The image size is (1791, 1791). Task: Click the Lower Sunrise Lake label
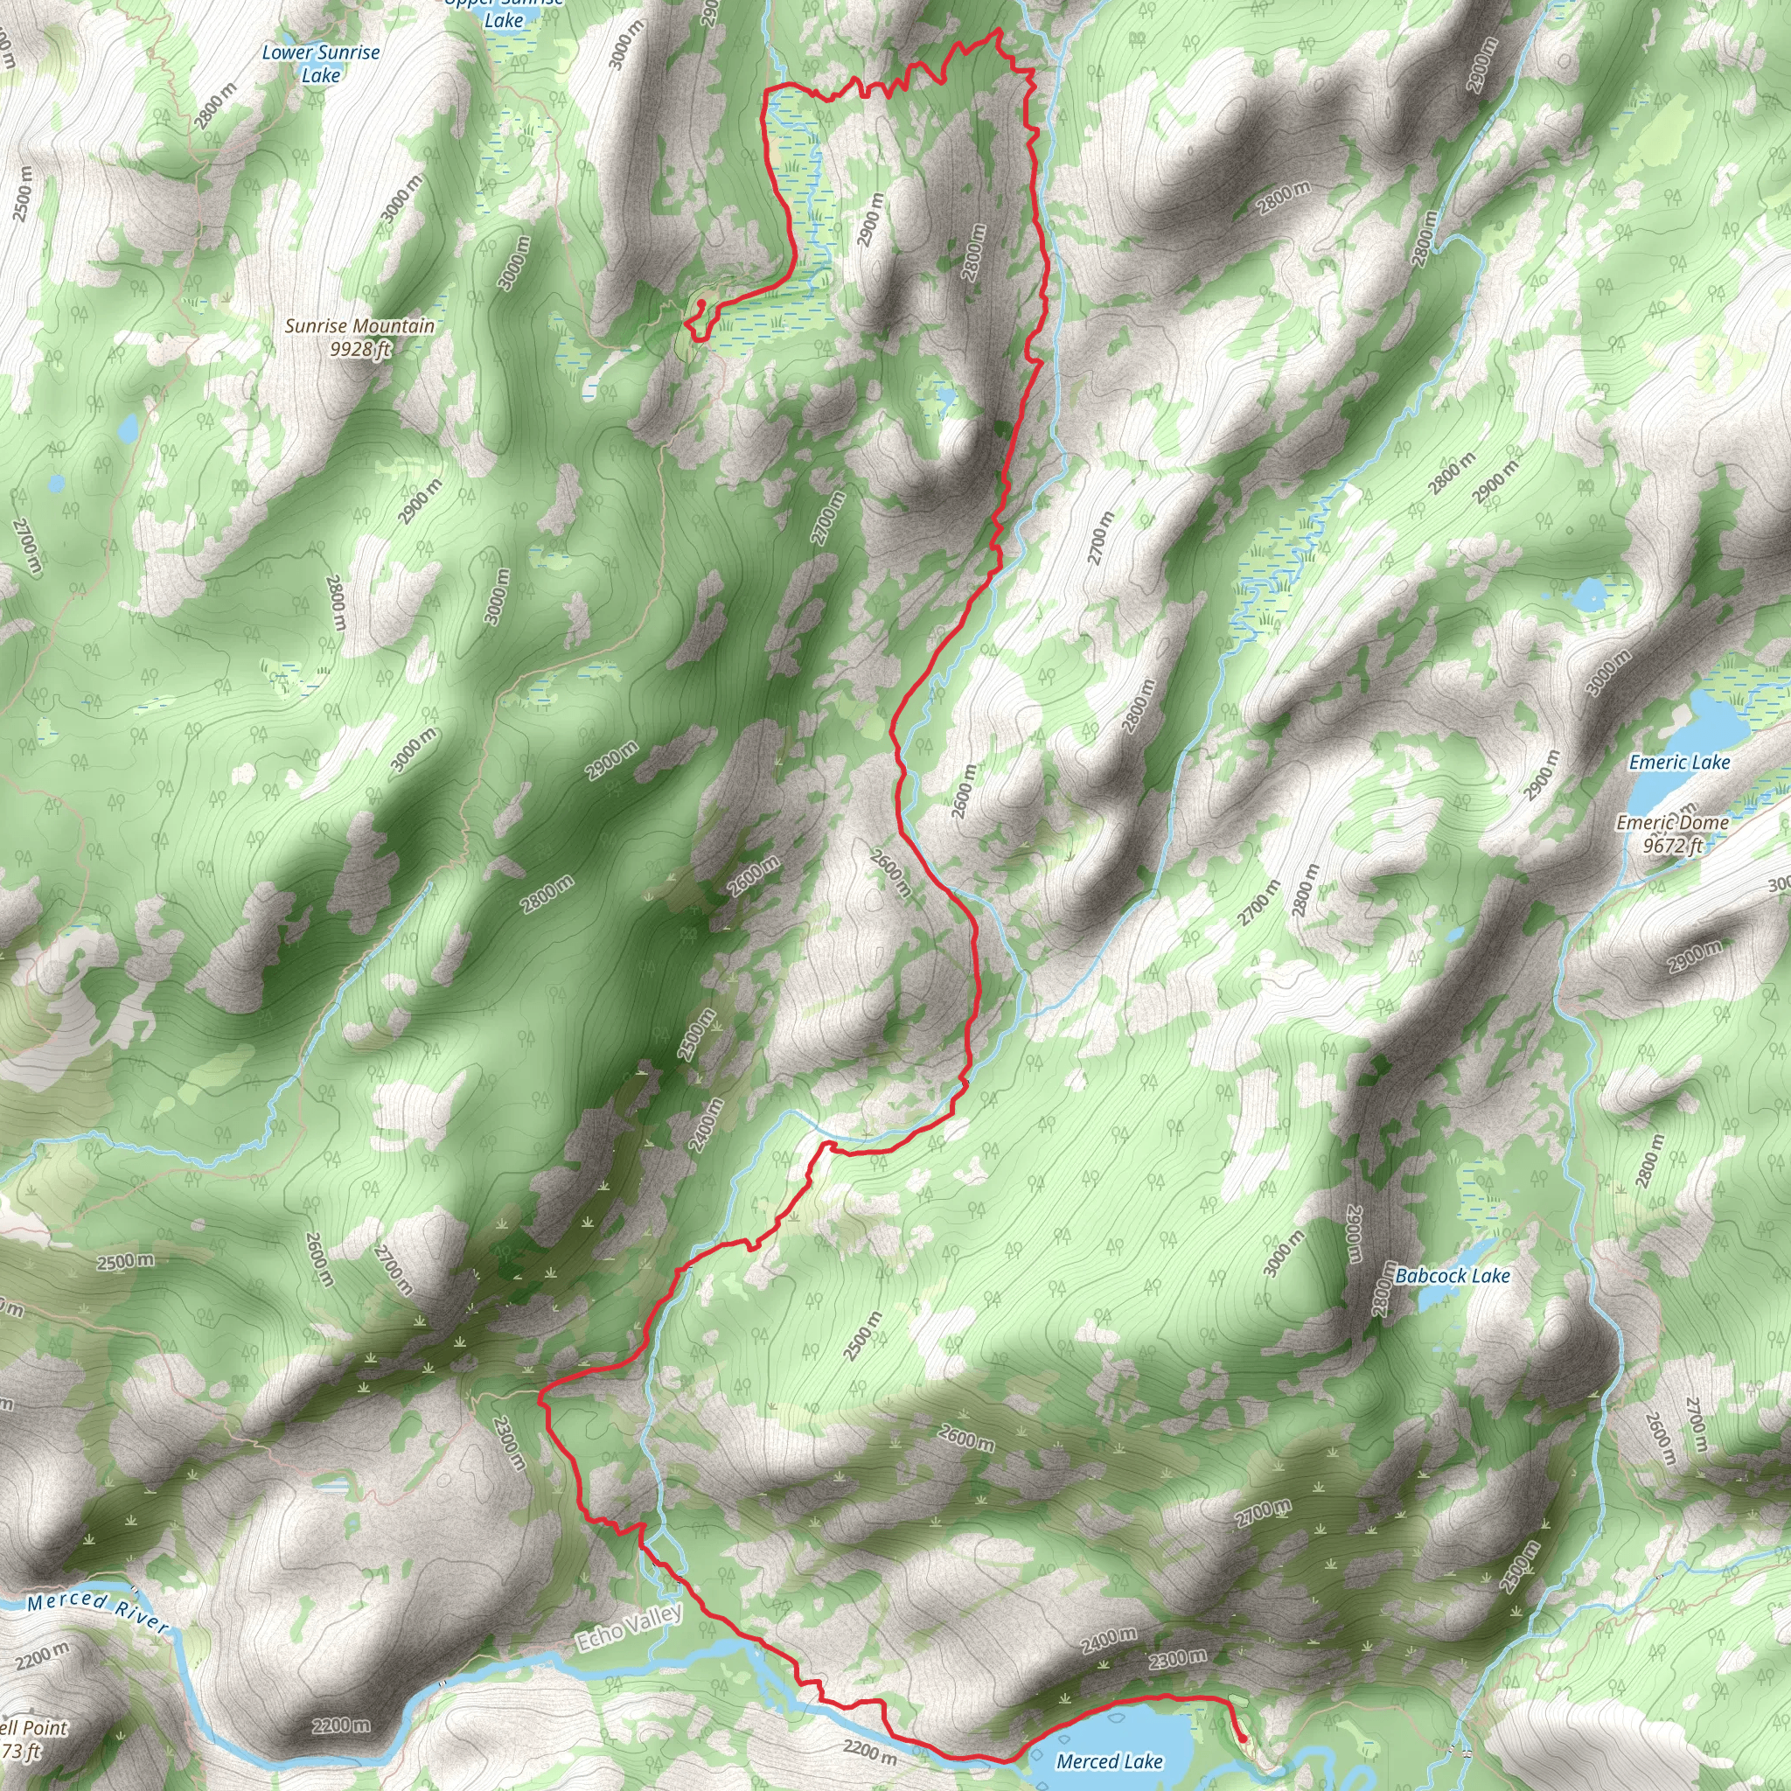[321, 64]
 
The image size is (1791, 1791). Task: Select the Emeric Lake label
[1680, 762]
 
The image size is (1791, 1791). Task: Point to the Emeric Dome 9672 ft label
[1672, 833]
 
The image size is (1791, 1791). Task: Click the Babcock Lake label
[1453, 1276]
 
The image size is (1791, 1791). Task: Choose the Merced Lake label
[1110, 1761]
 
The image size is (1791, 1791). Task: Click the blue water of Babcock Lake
[1441, 1297]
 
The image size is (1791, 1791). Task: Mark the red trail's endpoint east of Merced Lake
[1244, 1736]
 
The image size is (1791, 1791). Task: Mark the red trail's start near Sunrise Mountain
[700, 303]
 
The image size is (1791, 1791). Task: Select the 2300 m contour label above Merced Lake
[1177, 1659]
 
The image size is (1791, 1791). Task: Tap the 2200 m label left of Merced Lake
[869, 1751]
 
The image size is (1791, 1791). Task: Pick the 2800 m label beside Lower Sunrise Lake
[216, 105]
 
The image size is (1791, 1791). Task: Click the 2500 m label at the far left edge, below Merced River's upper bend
[126, 1262]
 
